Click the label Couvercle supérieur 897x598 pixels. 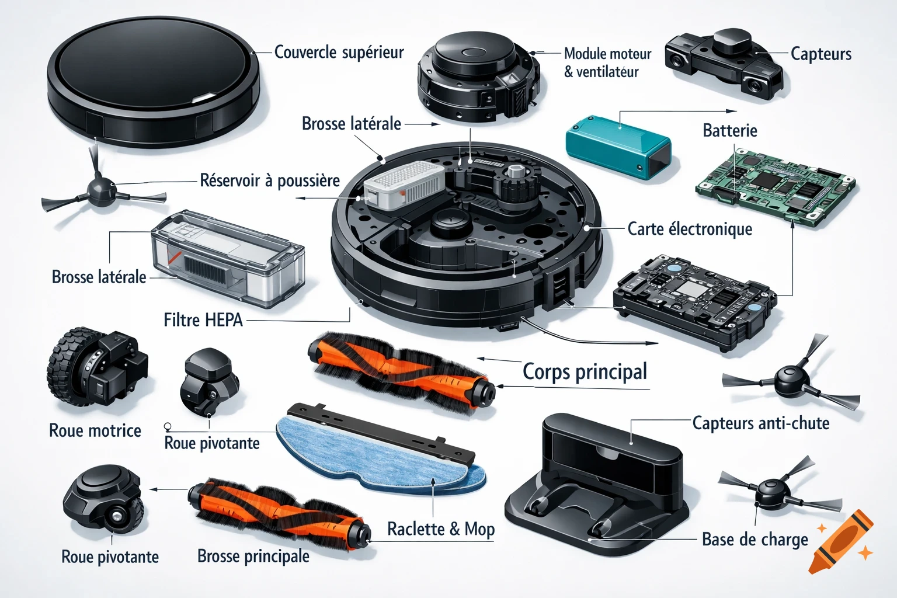[339, 53]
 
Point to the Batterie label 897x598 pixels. [729, 130]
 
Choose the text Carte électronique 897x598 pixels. [689, 229]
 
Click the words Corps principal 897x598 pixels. [585, 371]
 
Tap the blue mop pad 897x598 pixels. [374, 456]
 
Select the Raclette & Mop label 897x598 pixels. [440, 529]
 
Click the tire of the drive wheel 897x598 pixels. [64, 368]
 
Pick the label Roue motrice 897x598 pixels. [95, 431]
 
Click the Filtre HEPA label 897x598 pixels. [203, 320]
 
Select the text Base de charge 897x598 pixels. [755, 540]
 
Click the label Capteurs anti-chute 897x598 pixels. [760, 423]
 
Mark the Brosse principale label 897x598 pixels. [253, 556]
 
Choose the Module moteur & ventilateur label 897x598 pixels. [607, 62]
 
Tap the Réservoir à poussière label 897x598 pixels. [270, 180]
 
